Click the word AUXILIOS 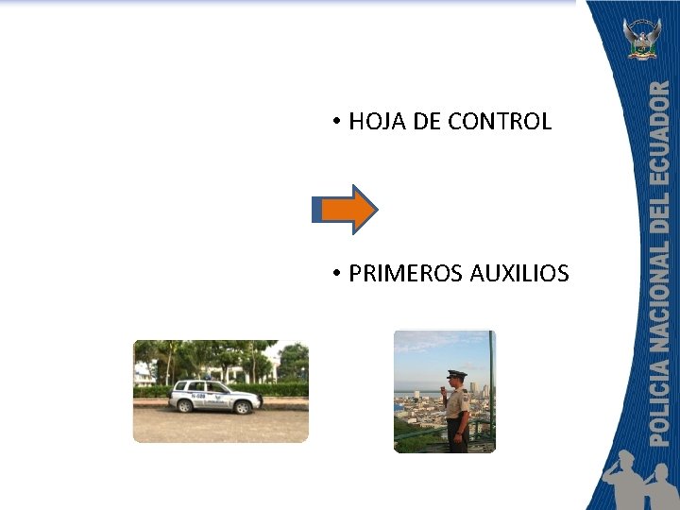coord(519,274)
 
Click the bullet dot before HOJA coord(335,123)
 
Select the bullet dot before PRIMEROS coord(335,275)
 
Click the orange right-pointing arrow coord(348,209)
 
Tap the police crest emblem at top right coord(642,39)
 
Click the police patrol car coord(213,396)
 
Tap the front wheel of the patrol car coord(245,407)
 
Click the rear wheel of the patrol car coord(185,406)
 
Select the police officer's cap coord(456,374)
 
